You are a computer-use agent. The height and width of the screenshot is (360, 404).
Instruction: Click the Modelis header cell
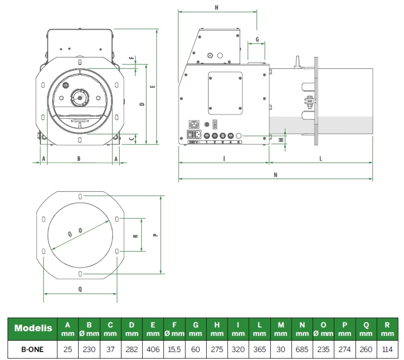[x=33, y=328]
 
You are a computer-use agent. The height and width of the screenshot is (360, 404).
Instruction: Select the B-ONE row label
[x=33, y=349]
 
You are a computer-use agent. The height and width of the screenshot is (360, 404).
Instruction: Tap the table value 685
[x=302, y=349]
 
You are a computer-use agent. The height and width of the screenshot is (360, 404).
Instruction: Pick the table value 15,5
[x=174, y=349]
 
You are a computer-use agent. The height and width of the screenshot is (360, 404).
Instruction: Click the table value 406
[x=153, y=349]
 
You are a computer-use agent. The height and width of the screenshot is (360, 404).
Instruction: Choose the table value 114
[x=387, y=349]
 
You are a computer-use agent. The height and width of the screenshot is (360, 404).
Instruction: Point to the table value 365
[x=260, y=349]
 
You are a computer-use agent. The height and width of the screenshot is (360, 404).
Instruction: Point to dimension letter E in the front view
[x=153, y=86]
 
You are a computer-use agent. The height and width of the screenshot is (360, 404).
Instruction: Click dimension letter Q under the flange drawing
[x=80, y=289]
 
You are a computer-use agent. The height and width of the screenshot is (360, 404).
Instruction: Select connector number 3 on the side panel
[x=223, y=142]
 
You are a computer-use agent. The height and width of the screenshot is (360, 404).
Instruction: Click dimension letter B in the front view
[x=79, y=158]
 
